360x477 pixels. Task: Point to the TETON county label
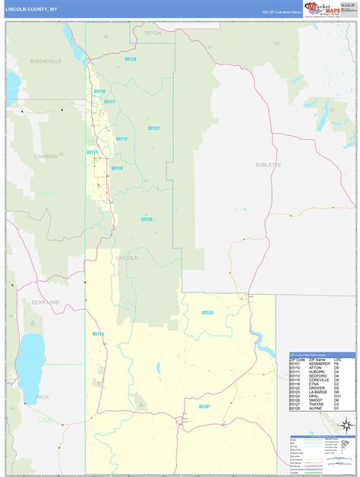tap(153, 33)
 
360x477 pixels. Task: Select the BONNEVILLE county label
tap(45, 60)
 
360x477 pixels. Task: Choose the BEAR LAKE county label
tap(45, 302)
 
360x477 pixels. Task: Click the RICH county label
tap(43, 396)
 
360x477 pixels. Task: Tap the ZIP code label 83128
tap(131, 58)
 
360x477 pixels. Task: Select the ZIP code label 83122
tap(153, 128)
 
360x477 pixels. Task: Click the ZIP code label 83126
tap(147, 219)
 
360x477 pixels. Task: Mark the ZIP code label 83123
tap(207, 312)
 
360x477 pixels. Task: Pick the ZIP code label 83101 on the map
tap(204, 385)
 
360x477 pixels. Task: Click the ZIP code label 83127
tap(109, 101)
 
